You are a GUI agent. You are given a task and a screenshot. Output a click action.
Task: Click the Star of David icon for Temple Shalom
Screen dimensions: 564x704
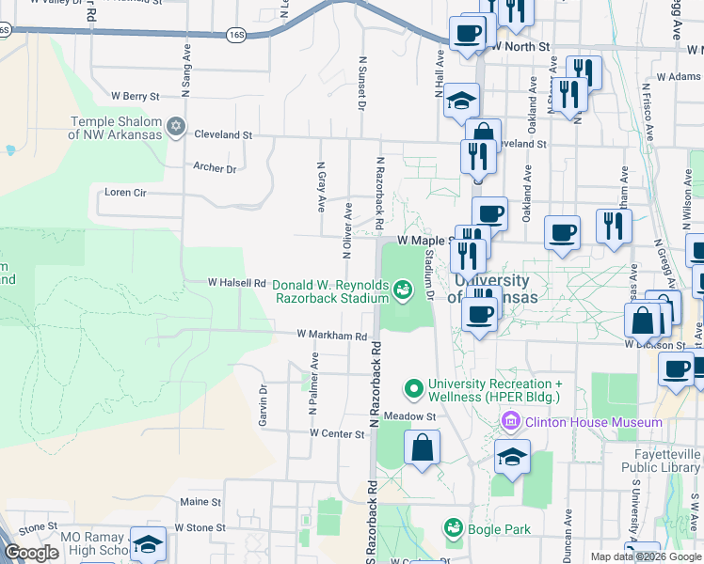point(174,126)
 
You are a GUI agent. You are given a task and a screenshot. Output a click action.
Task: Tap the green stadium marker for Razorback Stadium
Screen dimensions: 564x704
point(403,290)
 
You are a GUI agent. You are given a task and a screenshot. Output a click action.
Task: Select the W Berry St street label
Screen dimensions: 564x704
point(136,96)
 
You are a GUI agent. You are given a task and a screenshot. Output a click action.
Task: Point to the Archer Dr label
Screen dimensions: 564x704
point(215,168)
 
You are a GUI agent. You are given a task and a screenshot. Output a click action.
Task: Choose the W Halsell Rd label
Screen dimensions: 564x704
point(237,282)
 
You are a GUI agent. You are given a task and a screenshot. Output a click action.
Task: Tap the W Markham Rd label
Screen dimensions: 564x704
point(330,335)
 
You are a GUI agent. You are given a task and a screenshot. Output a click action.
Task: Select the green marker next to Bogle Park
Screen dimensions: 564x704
point(454,527)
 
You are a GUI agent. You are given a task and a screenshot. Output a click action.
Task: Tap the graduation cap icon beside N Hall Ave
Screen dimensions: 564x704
point(461,99)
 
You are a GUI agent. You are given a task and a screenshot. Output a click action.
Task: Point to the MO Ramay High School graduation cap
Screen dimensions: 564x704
point(148,542)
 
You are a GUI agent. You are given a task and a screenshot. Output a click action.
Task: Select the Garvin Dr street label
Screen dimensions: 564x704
point(264,404)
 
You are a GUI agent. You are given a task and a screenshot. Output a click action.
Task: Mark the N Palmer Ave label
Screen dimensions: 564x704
point(315,385)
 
